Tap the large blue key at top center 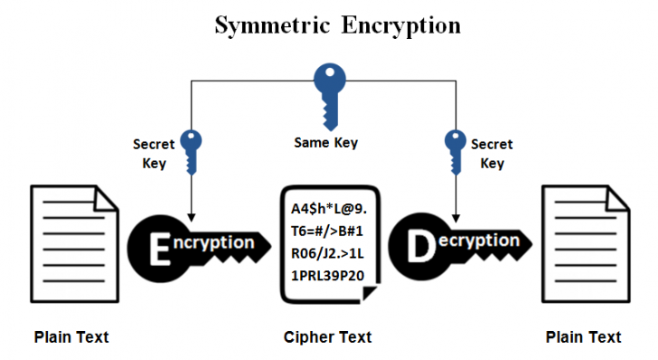tap(326, 91)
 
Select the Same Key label tap(326, 143)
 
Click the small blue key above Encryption tap(191, 151)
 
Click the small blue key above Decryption tap(455, 151)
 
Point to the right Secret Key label tap(492, 153)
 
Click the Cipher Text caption tap(326, 337)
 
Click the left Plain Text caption tap(71, 337)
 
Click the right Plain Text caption tap(583, 337)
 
